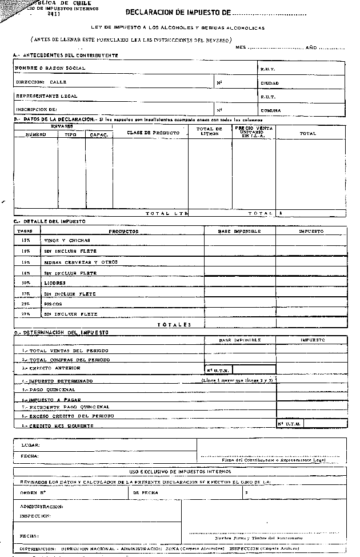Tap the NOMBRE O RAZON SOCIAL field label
(x=50, y=68)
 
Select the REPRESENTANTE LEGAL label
(x=47, y=96)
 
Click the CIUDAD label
(x=270, y=83)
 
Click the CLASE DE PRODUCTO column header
(x=153, y=133)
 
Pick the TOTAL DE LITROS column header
(x=209, y=131)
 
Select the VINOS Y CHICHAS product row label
(x=67, y=241)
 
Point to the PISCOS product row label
(x=53, y=304)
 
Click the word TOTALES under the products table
(x=174, y=325)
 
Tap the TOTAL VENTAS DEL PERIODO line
(x=65, y=350)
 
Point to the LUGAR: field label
(x=30, y=444)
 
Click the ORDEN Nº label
(x=33, y=492)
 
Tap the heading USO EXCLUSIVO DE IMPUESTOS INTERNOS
(x=180, y=472)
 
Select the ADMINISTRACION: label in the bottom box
(x=41, y=507)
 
